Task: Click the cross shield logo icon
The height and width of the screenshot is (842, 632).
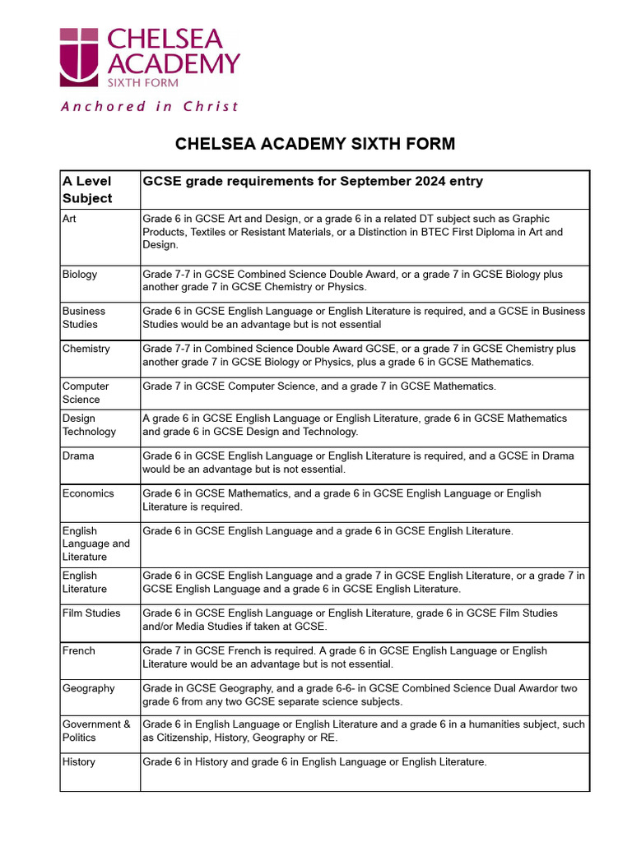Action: pyautogui.click(x=79, y=57)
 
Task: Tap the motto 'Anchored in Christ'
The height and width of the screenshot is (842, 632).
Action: pyautogui.click(x=150, y=106)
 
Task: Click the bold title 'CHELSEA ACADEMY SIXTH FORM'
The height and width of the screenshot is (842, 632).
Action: pyautogui.click(x=315, y=144)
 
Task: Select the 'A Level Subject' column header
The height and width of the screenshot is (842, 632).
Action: pyautogui.click(x=87, y=189)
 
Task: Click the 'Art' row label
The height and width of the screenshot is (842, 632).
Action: pyautogui.click(x=69, y=219)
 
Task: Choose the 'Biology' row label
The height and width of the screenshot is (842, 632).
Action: pyautogui.click(x=80, y=274)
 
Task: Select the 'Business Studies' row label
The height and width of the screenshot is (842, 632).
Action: pyautogui.click(x=84, y=317)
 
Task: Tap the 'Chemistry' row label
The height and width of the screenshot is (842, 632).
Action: pyautogui.click(x=86, y=349)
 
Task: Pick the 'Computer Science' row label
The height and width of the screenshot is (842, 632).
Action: pyautogui.click(x=86, y=392)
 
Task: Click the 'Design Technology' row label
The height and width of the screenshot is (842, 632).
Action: pyautogui.click(x=89, y=424)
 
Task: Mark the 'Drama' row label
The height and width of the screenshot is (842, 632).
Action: pyautogui.click(x=78, y=456)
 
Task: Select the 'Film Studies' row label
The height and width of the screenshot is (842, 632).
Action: pyautogui.click(x=91, y=613)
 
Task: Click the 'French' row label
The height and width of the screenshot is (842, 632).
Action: pyautogui.click(x=79, y=650)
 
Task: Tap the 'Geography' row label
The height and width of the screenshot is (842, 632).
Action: pyautogui.click(x=88, y=688)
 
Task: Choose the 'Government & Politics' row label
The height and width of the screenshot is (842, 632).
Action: pyautogui.click(x=96, y=731)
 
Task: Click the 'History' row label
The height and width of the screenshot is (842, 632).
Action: pyautogui.click(x=79, y=762)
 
